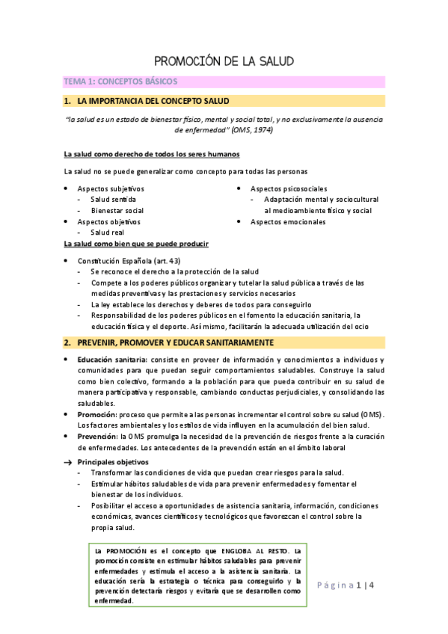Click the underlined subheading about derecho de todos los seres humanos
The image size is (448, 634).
152,155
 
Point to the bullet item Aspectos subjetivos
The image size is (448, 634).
111,189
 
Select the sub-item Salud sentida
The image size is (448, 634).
113,200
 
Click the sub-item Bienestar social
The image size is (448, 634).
117,211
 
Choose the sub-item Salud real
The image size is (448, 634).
107,233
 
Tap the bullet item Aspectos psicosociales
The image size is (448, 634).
288,189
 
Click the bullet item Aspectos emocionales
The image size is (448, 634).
288,222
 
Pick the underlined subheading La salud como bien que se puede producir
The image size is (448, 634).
136,244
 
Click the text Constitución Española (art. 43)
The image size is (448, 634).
129,261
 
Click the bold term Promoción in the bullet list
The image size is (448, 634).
96,414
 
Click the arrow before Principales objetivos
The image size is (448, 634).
67,462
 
